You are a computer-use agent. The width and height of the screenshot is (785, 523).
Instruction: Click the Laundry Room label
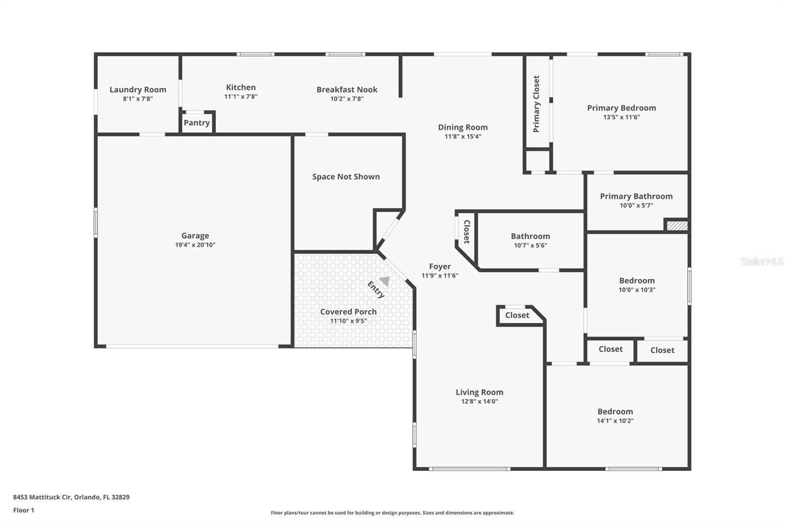tap(138, 89)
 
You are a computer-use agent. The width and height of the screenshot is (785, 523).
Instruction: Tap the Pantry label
tap(197, 123)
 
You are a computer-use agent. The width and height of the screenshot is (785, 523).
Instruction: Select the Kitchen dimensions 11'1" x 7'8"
tap(241, 97)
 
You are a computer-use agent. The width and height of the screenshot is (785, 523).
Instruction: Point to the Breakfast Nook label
tap(347, 89)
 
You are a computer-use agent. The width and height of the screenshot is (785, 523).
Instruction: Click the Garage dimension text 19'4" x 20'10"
tap(195, 245)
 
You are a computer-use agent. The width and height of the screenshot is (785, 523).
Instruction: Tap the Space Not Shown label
tap(346, 177)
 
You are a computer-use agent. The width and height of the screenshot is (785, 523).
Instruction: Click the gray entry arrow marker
tap(385, 281)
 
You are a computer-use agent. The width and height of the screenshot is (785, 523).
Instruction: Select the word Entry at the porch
tap(376, 289)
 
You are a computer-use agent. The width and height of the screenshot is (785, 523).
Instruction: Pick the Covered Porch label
tap(348, 312)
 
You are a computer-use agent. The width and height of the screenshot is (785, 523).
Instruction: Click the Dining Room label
tap(463, 127)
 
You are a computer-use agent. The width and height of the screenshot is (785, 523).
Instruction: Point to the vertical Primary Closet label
tap(536, 104)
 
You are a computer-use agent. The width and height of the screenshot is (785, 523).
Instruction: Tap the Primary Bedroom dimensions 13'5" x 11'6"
tap(622, 117)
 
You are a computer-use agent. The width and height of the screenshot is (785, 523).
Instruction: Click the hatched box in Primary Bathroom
tap(677, 225)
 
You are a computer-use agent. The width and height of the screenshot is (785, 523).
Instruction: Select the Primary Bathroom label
tap(636, 196)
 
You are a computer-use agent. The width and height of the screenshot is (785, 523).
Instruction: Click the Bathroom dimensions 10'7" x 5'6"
tap(530, 245)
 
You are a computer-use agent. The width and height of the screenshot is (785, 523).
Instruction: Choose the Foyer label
tap(440, 266)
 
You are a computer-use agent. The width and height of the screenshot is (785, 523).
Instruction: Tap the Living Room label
tap(479, 392)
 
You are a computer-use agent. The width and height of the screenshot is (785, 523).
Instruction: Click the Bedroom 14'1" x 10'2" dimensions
tap(615, 421)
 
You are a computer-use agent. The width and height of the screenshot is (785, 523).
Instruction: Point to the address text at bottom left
tap(71, 497)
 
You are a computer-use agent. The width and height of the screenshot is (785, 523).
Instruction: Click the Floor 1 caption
tap(24, 510)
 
